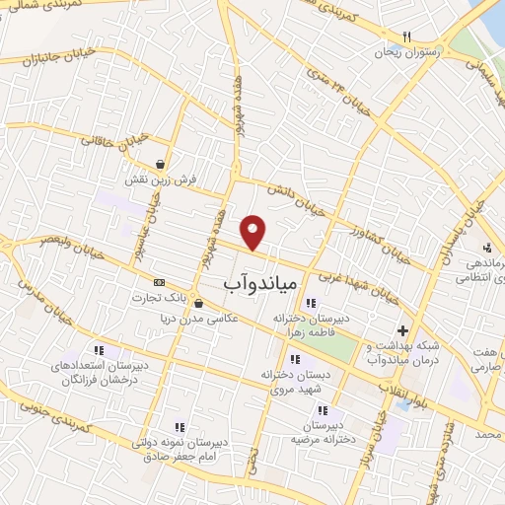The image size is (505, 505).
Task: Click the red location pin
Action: (x=254, y=231)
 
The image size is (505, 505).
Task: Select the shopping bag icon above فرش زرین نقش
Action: (x=160, y=164)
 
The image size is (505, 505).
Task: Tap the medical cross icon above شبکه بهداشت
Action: (x=401, y=330)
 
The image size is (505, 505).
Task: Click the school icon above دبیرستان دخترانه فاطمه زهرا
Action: (x=312, y=303)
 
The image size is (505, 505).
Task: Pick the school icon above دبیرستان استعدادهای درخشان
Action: (x=118, y=350)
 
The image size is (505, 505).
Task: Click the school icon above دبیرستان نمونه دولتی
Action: (x=180, y=427)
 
